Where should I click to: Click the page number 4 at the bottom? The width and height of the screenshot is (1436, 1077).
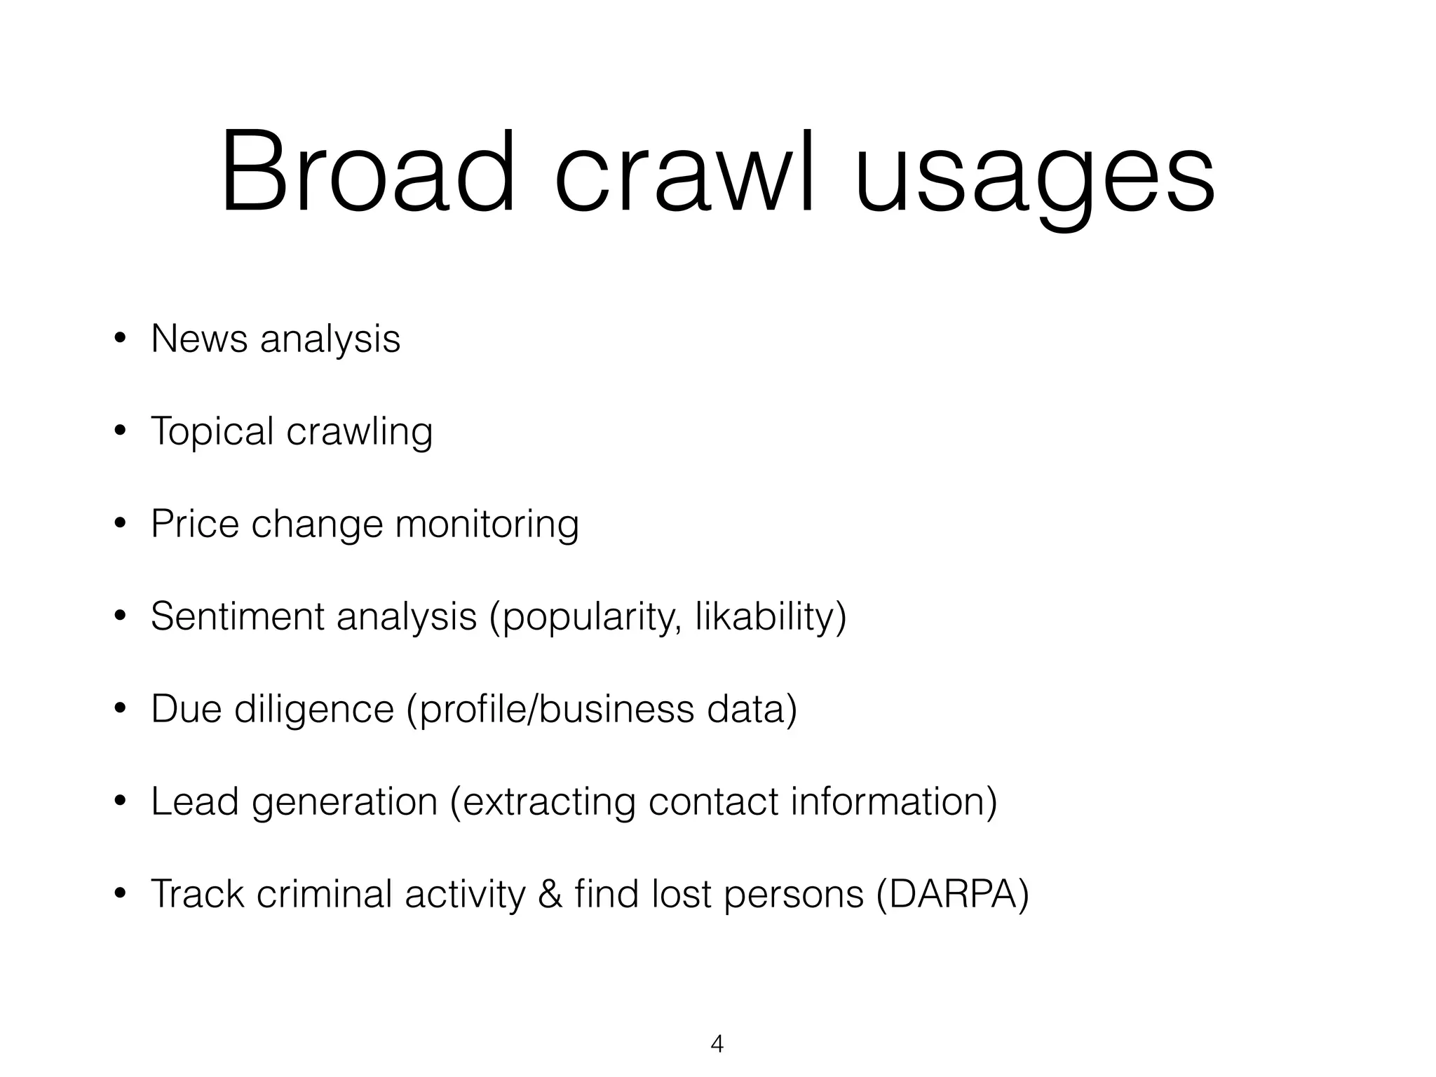pyautogui.click(x=717, y=1044)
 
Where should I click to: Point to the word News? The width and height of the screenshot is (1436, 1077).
pyautogui.click(x=199, y=339)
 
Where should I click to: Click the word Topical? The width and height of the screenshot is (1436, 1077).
pyautogui.click(x=212, y=432)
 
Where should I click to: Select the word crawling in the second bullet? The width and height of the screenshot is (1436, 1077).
pyautogui.click(x=359, y=432)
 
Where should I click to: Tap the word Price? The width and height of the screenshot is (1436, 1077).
pyautogui.click(x=194, y=524)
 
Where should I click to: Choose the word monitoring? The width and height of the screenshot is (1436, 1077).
pyautogui.click(x=487, y=525)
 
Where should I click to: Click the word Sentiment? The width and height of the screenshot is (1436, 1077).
pyautogui.click(x=237, y=616)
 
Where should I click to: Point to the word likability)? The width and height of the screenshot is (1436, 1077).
pyautogui.click(x=771, y=617)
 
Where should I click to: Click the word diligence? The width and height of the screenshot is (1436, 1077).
pyautogui.click(x=314, y=710)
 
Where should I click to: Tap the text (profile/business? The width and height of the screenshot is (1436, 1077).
pyautogui.click(x=550, y=710)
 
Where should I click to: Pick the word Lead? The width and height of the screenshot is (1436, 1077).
pyautogui.click(x=195, y=801)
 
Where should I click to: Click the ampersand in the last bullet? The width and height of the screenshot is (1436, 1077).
pyautogui.click(x=550, y=895)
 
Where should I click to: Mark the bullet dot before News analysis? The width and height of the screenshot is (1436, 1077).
pyautogui.click(x=121, y=340)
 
